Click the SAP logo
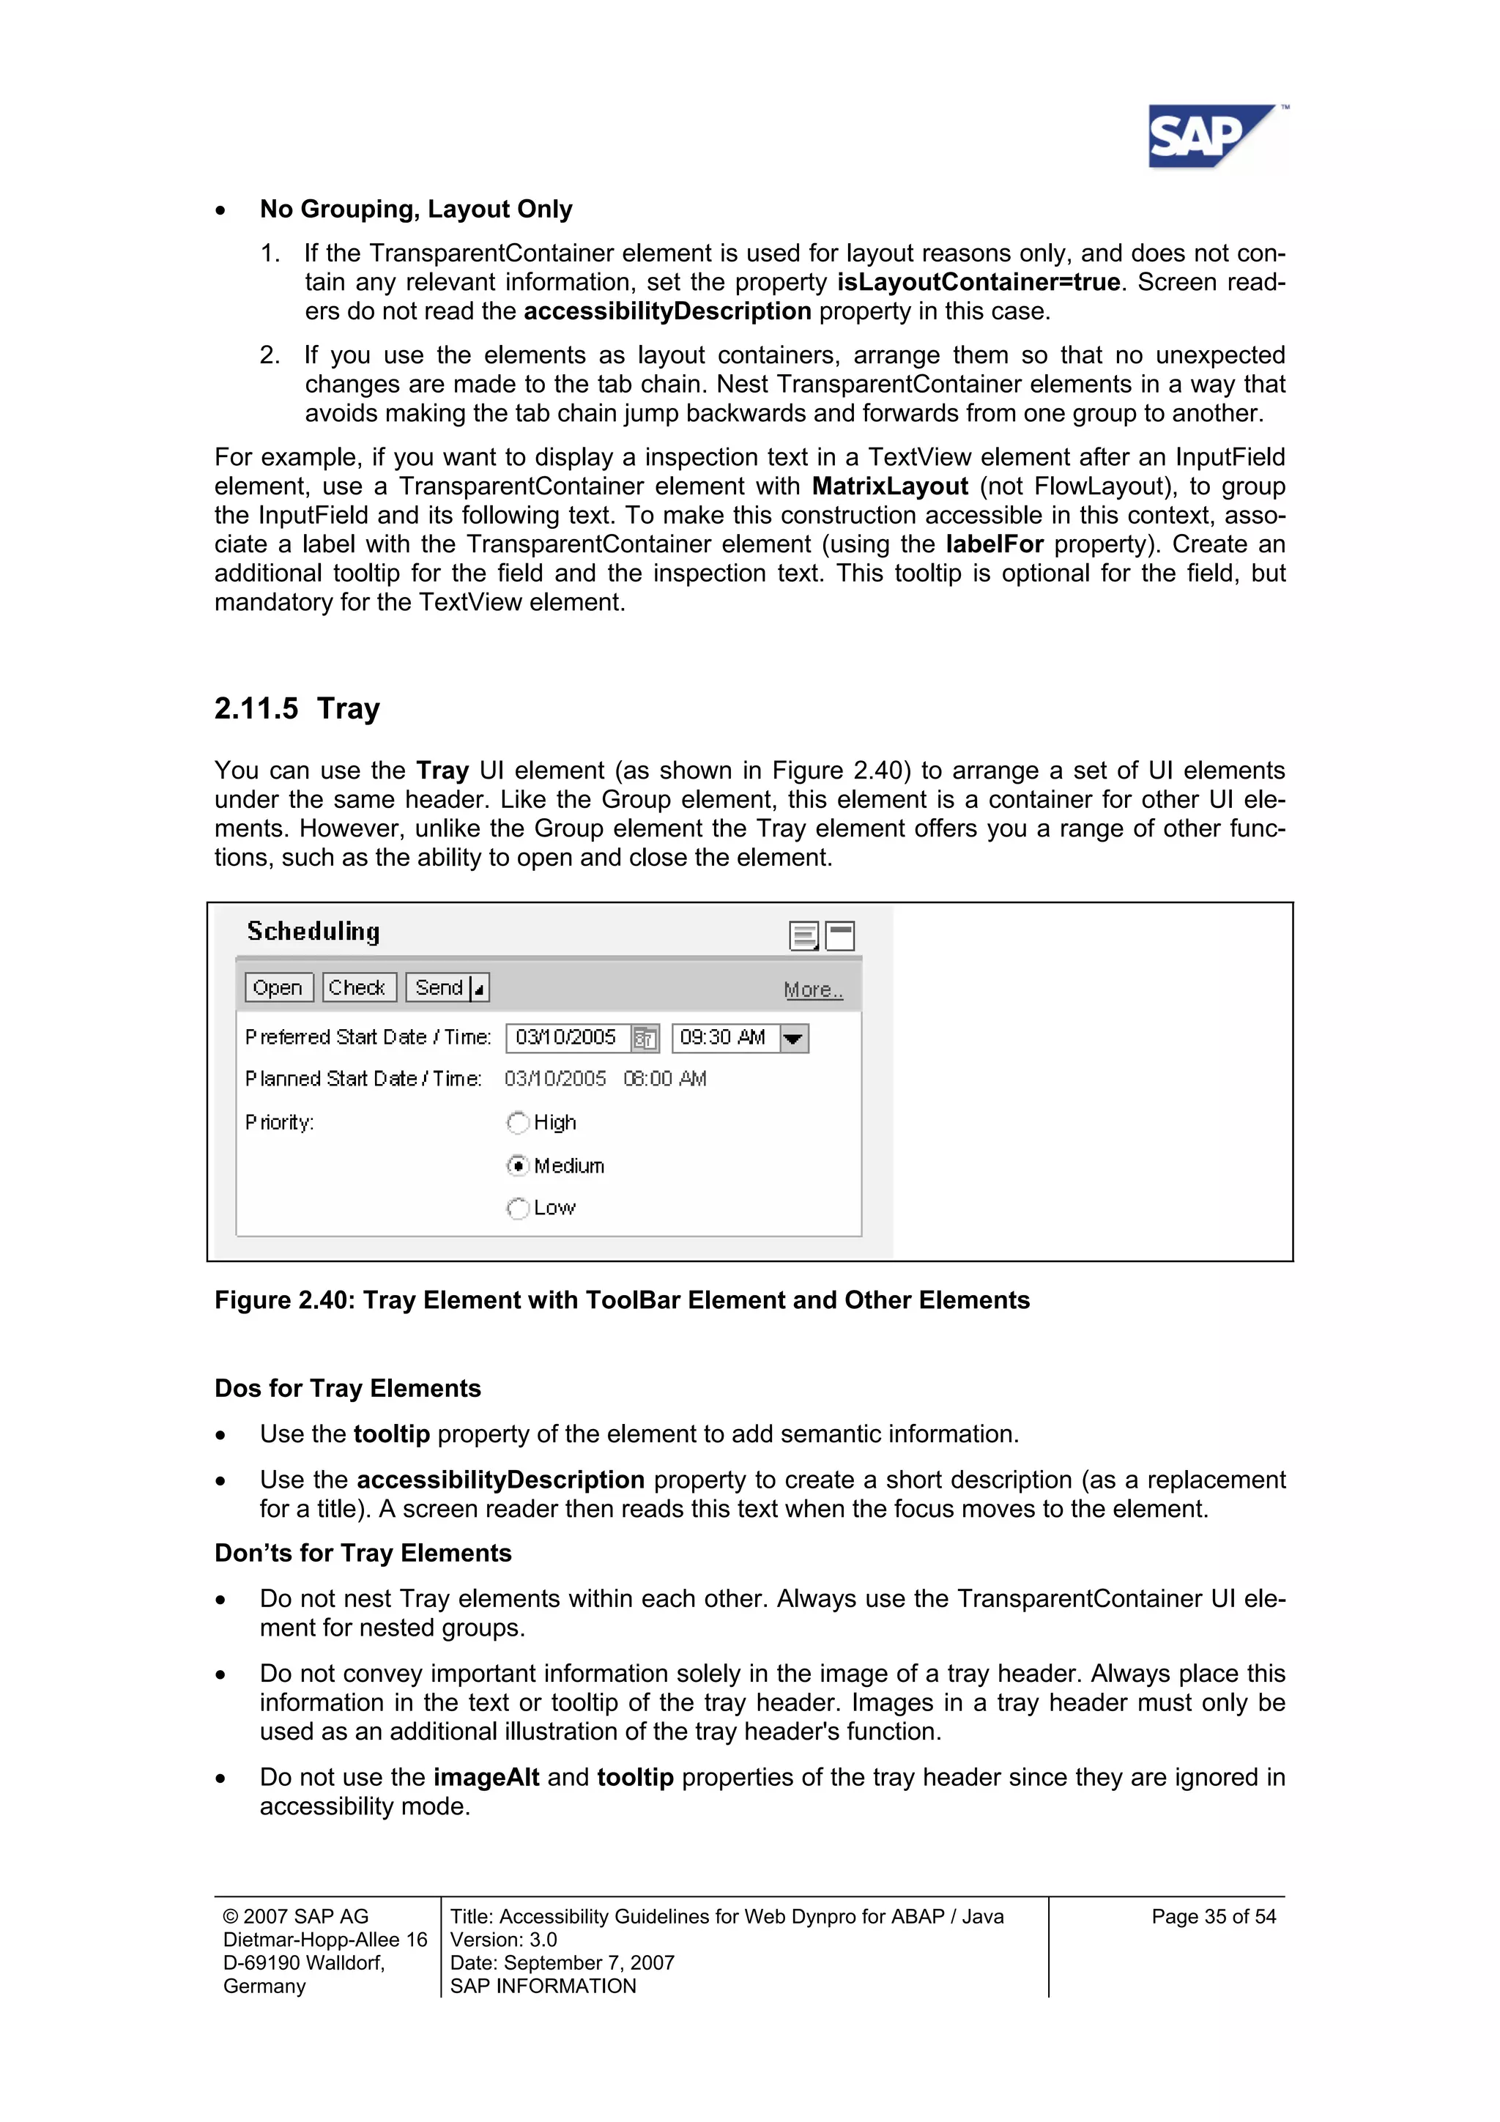tap(1211, 137)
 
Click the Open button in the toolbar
tap(278, 987)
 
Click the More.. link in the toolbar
tap(812, 990)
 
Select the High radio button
tap(519, 1122)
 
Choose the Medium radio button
tap(519, 1165)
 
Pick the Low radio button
tap(519, 1208)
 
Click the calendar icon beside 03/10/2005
tap(645, 1039)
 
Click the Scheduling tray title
tap(313, 932)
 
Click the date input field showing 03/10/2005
tap(567, 1038)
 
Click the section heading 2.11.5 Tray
tap(297, 709)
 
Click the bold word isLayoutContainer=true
tap(978, 282)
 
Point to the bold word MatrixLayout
tap(889, 486)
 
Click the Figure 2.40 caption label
tap(621, 1299)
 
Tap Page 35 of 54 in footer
tap(1213, 1917)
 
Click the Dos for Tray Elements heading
tap(347, 1388)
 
